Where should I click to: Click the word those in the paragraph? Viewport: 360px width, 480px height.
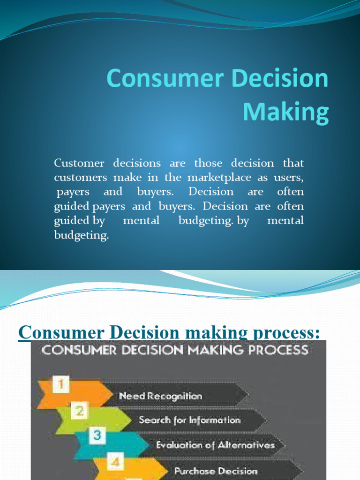pos(210,163)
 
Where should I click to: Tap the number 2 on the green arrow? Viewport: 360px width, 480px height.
pos(80,411)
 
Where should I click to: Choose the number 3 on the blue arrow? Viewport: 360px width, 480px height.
pos(97,435)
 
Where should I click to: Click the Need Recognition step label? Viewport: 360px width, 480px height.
pos(160,396)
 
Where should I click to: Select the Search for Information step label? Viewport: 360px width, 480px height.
pos(189,420)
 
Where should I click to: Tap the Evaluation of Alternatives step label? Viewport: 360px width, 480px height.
pos(215,445)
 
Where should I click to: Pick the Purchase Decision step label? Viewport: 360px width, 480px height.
pos(216,471)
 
